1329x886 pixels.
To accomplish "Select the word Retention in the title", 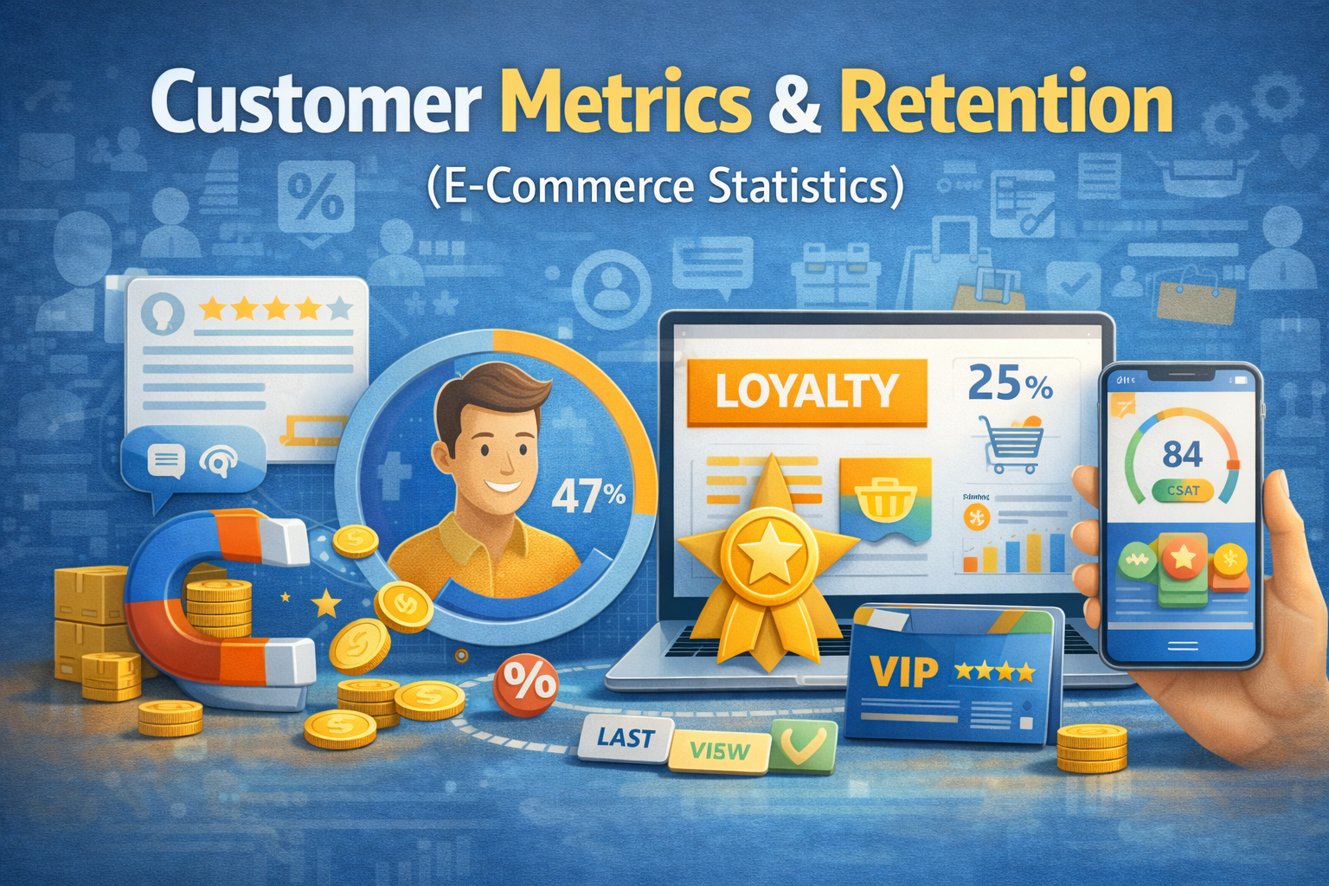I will [x=1005, y=104].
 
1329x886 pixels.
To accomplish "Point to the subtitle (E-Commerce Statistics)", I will [x=664, y=186].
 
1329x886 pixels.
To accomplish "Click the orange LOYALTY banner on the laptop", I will [x=806, y=393].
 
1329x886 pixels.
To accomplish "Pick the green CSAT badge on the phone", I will [x=1183, y=491].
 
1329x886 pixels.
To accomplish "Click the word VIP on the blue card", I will [x=904, y=671].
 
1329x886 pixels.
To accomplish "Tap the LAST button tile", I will [x=626, y=738].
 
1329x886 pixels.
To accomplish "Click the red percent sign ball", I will [x=525, y=684].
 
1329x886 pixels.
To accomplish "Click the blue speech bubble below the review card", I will [x=192, y=462].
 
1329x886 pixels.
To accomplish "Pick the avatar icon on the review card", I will [x=167, y=312].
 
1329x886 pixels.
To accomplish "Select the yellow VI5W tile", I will [x=719, y=750].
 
